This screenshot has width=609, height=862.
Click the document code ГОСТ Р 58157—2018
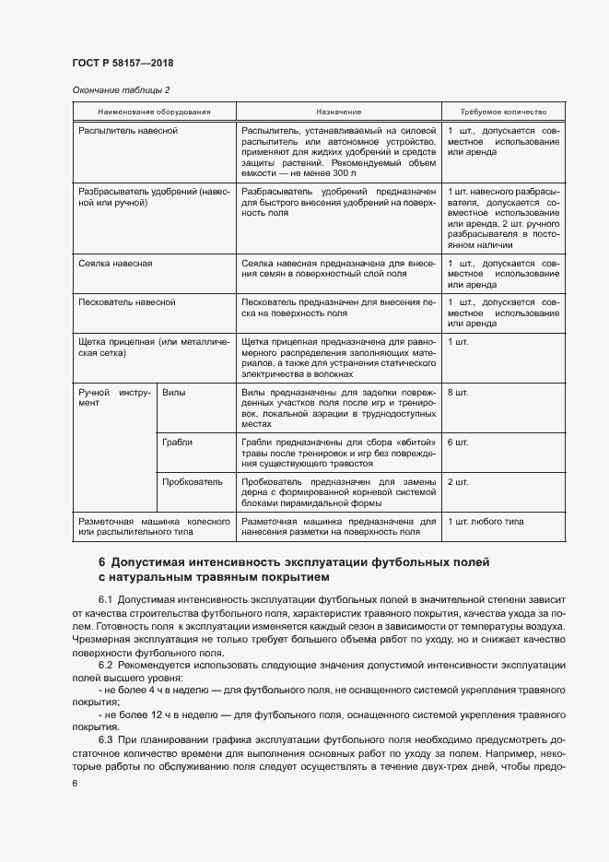pyautogui.click(x=123, y=63)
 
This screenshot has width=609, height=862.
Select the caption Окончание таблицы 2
pyautogui.click(x=121, y=89)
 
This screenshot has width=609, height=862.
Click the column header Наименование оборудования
pyautogui.click(x=154, y=111)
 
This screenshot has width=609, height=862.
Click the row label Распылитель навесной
pyautogui.click(x=128, y=130)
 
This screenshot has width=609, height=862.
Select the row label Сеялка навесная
pyautogui.click(x=116, y=263)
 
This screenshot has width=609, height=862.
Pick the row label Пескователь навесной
pyautogui.click(x=127, y=301)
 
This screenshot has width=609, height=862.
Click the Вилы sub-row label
pyautogui.click(x=173, y=392)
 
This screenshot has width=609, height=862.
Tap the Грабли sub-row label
pyautogui.click(x=177, y=442)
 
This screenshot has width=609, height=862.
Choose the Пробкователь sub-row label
pyautogui.click(x=192, y=481)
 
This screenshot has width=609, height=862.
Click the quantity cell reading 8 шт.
pyautogui.click(x=457, y=392)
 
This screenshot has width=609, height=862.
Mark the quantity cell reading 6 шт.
pyautogui.click(x=457, y=442)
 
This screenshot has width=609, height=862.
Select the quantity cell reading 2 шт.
pyautogui.click(x=457, y=481)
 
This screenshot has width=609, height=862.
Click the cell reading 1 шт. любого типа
pyautogui.click(x=486, y=521)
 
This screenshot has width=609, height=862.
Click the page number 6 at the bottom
pyautogui.click(x=75, y=783)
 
